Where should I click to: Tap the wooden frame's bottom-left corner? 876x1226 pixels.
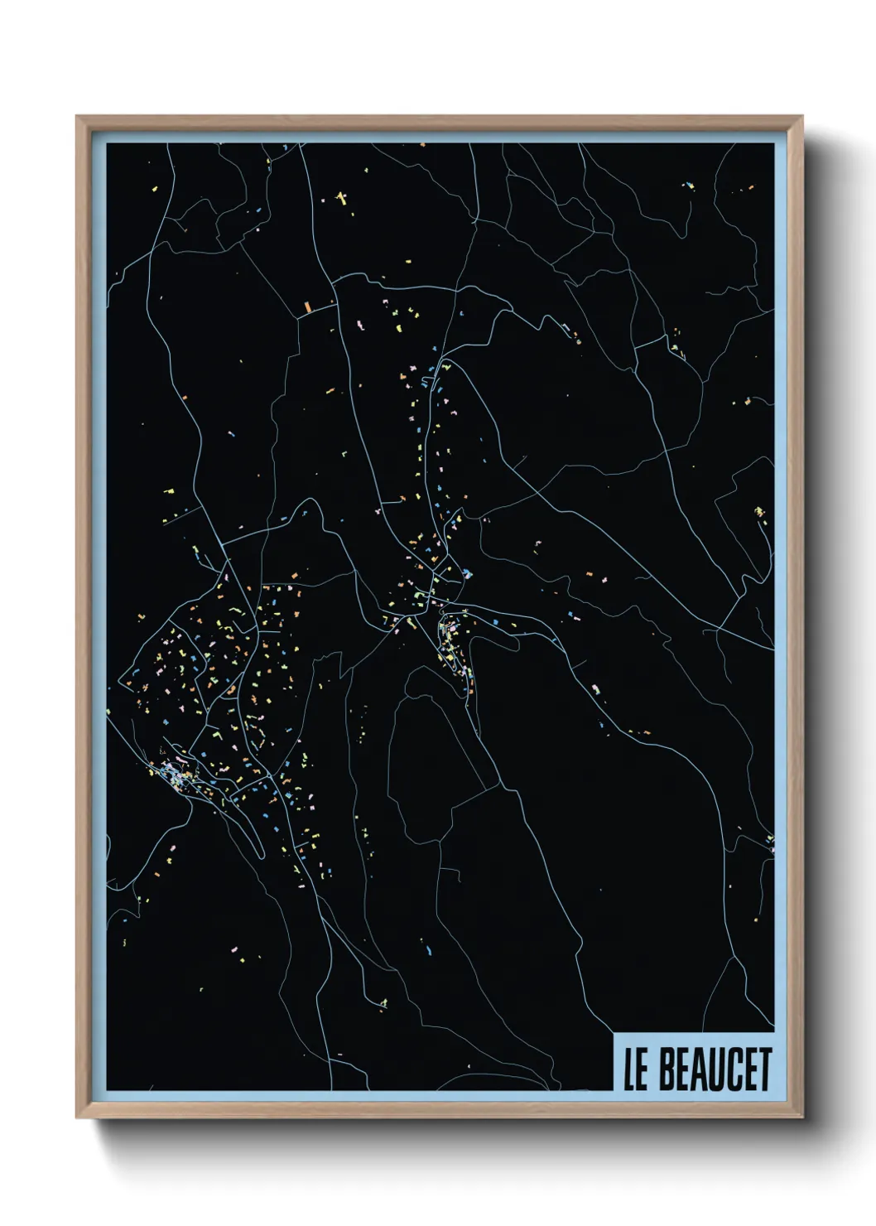click(x=78, y=1116)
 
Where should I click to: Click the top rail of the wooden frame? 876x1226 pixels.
click(x=439, y=123)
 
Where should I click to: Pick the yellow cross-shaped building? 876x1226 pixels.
click(x=342, y=198)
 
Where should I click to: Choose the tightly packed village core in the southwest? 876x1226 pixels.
click(x=176, y=775)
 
